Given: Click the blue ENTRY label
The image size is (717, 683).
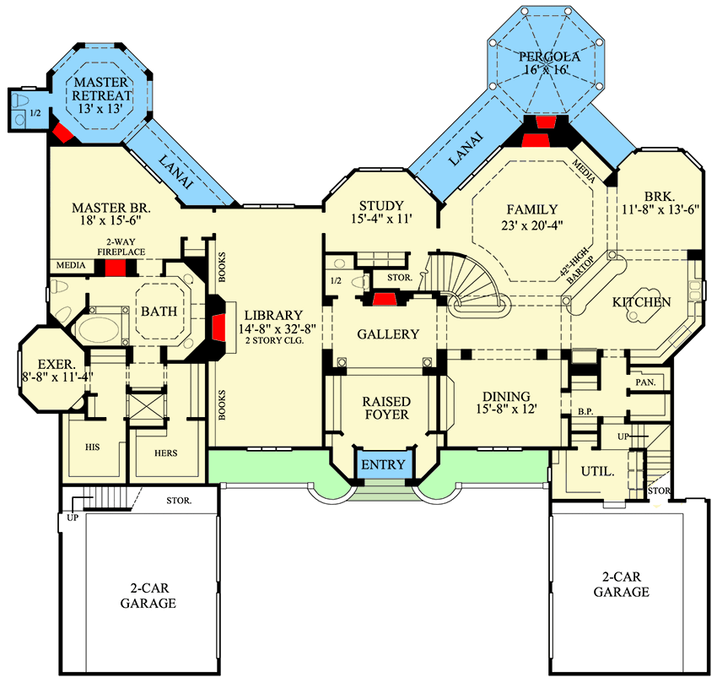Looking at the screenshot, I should tap(384, 465).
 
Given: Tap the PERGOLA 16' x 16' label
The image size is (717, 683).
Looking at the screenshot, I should tap(549, 63).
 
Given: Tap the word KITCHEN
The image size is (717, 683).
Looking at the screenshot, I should tap(641, 301).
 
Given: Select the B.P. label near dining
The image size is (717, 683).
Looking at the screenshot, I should tap(584, 413).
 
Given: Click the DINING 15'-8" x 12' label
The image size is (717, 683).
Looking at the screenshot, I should tap(506, 403).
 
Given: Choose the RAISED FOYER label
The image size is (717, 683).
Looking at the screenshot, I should tap(385, 408).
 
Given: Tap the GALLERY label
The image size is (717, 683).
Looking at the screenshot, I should tap(388, 334).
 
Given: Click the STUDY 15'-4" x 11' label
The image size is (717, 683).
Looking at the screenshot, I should tap(381, 212).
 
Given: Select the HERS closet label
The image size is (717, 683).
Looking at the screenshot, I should tap(166, 453).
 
